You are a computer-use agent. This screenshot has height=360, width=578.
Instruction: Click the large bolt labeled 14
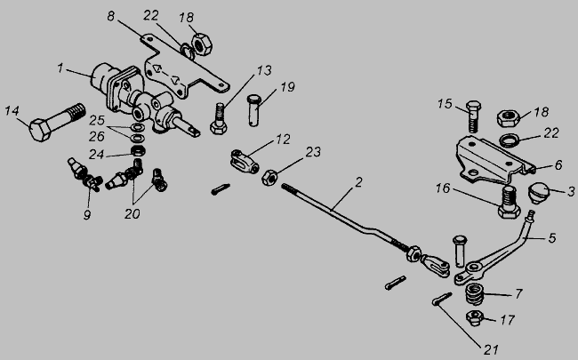57,123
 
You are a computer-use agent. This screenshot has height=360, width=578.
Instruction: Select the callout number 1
60,68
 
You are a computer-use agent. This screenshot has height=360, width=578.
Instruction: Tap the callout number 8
111,17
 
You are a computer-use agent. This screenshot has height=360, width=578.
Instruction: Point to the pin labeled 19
253,110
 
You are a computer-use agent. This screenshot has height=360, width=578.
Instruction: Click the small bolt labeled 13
219,118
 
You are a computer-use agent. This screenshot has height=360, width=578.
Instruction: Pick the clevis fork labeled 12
245,162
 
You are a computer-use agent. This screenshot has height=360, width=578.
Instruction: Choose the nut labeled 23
269,177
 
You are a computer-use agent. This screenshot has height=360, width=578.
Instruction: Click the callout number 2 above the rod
358,182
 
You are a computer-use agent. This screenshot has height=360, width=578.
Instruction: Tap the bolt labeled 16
509,202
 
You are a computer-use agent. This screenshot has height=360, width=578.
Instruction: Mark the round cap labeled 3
539,193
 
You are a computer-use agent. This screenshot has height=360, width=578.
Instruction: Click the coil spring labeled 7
475,294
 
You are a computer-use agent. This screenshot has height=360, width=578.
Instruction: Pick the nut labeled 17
475,318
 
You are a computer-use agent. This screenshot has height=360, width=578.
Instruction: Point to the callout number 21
491,349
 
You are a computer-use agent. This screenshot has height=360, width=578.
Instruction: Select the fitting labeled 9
84,174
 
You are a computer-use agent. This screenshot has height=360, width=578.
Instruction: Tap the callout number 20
132,213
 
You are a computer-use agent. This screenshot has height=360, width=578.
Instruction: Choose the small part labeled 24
138,151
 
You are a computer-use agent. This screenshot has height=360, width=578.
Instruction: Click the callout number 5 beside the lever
552,238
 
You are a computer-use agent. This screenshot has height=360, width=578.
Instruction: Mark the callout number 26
96,137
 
